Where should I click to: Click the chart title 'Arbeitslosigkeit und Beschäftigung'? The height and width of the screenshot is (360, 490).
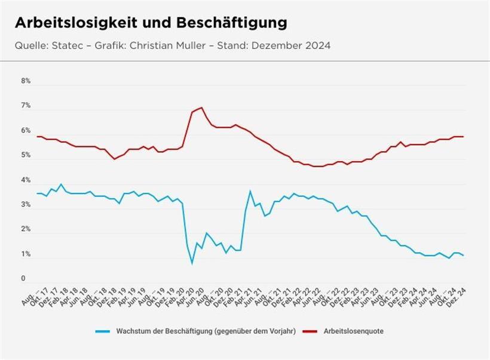151,23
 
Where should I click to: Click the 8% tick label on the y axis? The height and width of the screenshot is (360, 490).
26,81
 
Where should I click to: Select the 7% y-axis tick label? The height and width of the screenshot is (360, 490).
26,106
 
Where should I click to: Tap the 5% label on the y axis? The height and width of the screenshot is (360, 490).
26,155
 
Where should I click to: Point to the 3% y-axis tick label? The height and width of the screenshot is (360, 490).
26,205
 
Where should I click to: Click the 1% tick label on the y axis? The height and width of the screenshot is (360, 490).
26,254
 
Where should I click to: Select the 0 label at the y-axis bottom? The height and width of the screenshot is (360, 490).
23,278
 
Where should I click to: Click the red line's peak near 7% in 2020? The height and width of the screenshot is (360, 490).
202,107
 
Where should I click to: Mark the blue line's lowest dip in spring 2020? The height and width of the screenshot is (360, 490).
192,263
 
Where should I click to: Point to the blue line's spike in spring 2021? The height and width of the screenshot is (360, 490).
250,191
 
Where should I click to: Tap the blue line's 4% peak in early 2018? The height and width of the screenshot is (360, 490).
61,184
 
